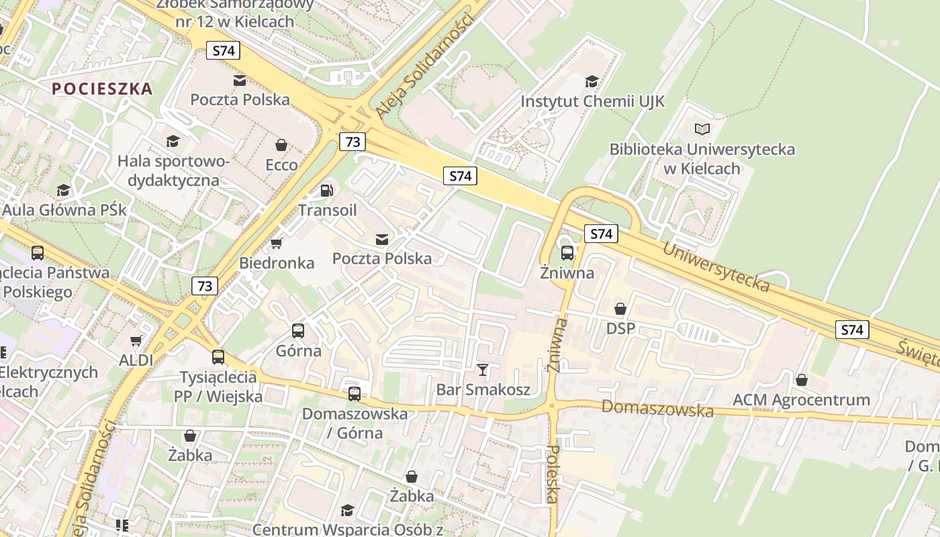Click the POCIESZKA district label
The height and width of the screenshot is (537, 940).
pos(102,89)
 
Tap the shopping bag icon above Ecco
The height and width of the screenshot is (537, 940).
pos(281,145)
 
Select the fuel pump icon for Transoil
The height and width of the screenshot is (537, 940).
pos(327,191)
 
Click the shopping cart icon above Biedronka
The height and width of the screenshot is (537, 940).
pos(276,243)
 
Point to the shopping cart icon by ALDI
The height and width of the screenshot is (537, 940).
pos(136,341)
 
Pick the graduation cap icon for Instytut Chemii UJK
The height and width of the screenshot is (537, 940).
pos(592,82)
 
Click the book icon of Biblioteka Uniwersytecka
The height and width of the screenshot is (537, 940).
pos(702,129)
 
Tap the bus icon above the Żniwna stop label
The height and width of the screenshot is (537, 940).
pos(567,253)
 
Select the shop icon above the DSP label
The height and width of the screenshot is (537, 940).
pos(620,309)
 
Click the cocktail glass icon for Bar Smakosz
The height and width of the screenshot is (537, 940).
pos(482,369)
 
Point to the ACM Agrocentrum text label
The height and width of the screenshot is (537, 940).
pos(801,400)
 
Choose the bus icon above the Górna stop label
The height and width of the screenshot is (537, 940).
pos(298,330)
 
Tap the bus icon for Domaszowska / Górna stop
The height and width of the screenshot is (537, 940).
pos(354,394)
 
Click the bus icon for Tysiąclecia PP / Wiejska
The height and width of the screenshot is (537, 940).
pos(218,357)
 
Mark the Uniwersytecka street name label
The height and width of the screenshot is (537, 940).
pos(716,267)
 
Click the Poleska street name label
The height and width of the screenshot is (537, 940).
pos(553,474)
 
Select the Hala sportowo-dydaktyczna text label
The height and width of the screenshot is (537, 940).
pos(173,170)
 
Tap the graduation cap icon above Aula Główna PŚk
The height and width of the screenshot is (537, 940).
pos(63,191)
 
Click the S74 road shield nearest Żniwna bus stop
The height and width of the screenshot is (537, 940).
pos(601,234)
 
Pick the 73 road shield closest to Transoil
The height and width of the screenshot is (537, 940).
pos(352,142)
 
